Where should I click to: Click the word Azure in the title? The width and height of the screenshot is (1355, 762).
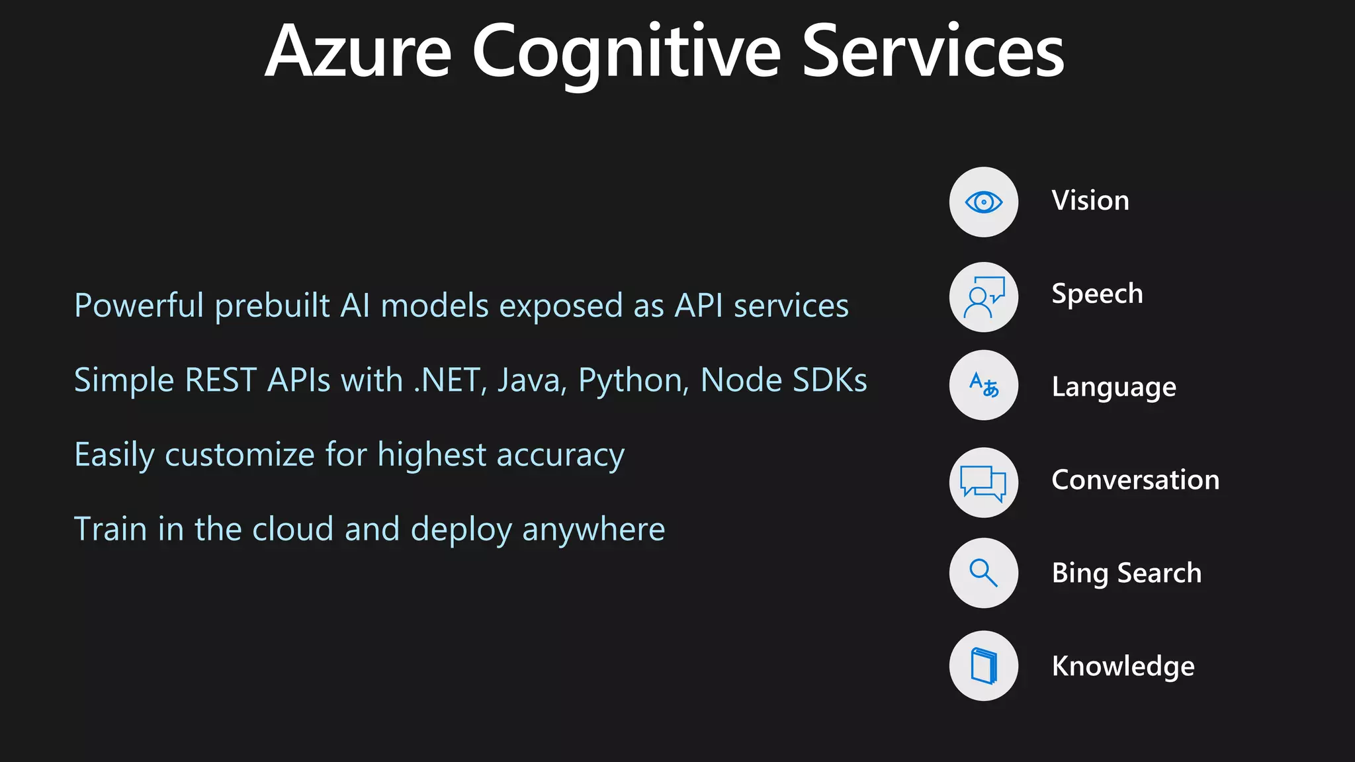click(358, 52)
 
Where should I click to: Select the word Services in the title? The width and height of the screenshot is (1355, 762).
click(932, 52)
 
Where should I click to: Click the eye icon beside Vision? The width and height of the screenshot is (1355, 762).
click(983, 202)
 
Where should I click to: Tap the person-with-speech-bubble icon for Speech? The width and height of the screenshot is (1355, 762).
click(983, 297)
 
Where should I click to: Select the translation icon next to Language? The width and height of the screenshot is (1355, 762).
click(983, 385)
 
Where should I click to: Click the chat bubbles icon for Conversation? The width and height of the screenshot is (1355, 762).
click(983, 482)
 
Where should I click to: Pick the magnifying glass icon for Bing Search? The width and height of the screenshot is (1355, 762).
click(983, 573)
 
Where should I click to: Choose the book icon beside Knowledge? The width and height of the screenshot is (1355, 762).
click(983, 665)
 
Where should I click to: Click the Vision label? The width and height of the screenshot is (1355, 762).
click(1090, 200)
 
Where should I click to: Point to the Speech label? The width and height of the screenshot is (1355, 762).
click(1097, 294)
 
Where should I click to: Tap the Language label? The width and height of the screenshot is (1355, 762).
click(1114, 388)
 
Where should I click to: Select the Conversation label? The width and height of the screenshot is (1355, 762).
click(1135, 480)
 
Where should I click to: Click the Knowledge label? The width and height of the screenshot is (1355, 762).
click(1123, 666)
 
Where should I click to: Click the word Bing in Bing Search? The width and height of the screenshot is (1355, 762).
click(1079, 573)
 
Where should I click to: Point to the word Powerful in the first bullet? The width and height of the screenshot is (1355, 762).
click(139, 306)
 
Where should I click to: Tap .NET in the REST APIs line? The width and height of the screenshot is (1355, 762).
click(450, 380)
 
